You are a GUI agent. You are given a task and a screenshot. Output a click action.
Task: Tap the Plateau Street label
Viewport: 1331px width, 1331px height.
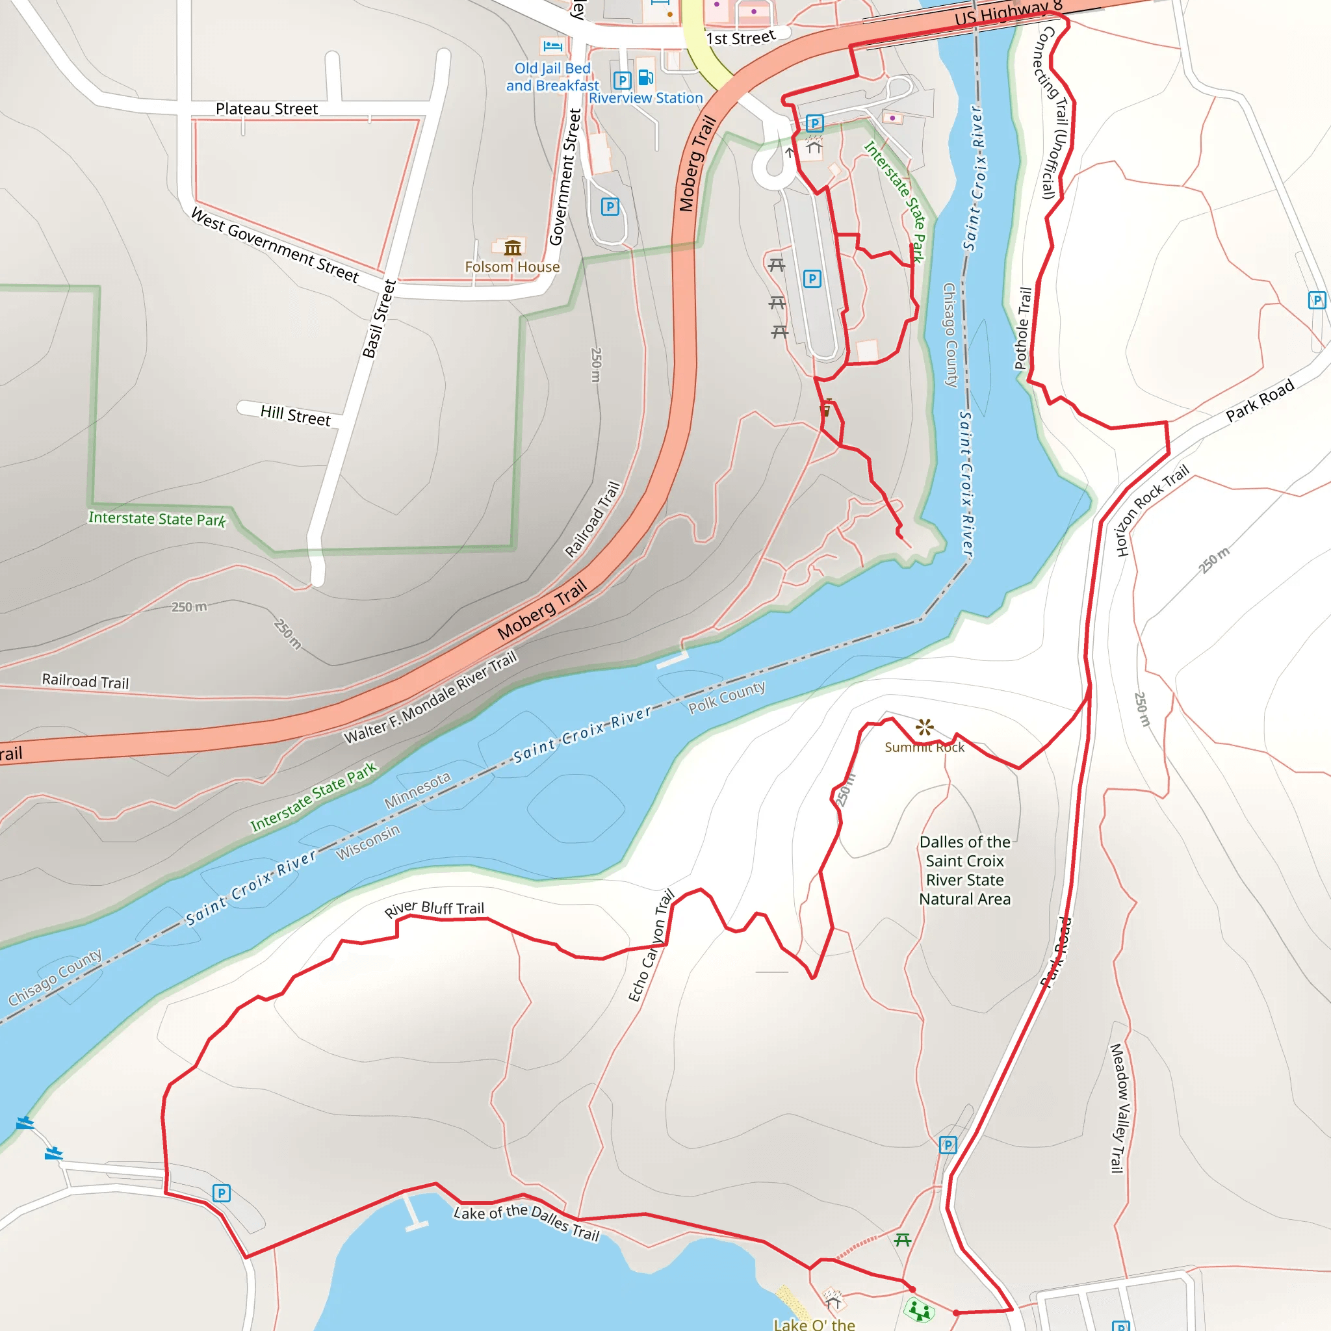(x=266, y=109)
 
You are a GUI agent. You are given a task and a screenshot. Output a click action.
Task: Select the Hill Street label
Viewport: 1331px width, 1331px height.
(x=295, y=415)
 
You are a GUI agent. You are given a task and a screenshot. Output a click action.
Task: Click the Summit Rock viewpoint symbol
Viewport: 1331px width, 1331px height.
(x=925, y=727)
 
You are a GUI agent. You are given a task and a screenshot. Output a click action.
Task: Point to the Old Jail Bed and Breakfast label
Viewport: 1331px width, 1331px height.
(x=552, y=77)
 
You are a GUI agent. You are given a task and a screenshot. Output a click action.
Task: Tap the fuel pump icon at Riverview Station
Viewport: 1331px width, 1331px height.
(x=645, y=77)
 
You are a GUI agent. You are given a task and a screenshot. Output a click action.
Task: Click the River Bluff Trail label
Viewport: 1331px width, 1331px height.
(x=434, y=909)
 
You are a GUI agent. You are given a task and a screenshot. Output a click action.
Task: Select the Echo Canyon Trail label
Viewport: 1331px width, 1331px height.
(x=651, y=946)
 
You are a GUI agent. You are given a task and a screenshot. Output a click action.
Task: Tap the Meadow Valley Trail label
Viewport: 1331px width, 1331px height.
(x=1117, y=1109)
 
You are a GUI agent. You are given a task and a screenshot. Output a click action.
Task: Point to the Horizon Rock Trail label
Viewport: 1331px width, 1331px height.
(x=1152, y=510)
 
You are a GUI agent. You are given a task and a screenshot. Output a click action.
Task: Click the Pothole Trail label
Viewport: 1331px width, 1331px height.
(x=1023, y=329)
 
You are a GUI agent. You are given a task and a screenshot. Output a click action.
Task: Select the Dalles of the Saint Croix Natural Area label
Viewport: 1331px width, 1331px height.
(x=964, y=870)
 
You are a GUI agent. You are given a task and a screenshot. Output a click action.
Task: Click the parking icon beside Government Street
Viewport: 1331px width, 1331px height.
(x=610, y=207)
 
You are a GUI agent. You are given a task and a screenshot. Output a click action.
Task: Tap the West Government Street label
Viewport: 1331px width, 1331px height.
(x=275, y=245)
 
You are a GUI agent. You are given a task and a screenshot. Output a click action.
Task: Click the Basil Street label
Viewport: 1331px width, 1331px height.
(x=379, y=319)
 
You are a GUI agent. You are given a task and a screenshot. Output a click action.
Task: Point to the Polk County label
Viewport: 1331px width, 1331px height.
(x=727, y=697)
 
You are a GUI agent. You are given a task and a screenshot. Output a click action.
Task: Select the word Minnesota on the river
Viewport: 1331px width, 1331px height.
(x=417, y=790)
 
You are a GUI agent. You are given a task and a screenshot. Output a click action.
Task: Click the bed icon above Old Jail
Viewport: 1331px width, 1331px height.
(x=552, y=46)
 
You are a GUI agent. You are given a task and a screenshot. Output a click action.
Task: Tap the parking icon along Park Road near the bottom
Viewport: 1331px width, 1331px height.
(x=948, y=1145)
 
